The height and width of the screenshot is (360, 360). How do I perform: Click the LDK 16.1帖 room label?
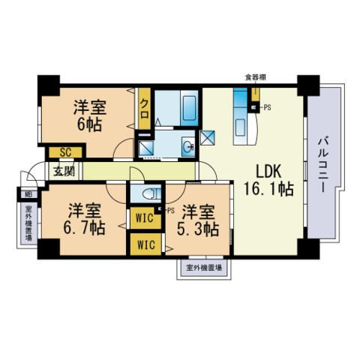tap(268, 180)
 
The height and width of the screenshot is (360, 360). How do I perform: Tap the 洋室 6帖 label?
tap(90, 115)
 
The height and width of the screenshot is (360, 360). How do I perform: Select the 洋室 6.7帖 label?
tap(84, 219)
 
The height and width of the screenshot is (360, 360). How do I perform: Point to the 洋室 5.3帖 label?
tap(198, 220)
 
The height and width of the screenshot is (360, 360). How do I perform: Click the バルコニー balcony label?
tap(322, 165)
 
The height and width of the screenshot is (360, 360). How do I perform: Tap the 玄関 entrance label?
tap(64, 171)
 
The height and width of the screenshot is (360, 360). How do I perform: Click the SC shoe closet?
tap(65, 152)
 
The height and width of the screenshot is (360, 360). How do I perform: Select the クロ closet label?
tap(145, 109)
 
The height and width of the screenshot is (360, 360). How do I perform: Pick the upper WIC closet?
tap(145, 218)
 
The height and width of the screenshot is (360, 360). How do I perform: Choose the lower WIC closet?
tap(146, 244)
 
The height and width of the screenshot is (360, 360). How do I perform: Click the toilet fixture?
tap(151, 194)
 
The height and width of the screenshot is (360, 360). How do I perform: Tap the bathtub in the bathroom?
tap(189, 108)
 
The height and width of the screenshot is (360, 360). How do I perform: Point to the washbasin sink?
tap(188, 146)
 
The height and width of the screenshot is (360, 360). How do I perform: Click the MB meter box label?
tap(28, 194)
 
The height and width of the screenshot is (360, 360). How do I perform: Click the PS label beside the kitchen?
tap(268, 108)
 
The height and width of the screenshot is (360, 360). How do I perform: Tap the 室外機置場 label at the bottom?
tap(204, 268)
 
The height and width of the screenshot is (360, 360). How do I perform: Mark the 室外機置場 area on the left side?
tap(28, 223)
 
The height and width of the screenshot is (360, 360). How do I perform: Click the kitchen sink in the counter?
tap(241, 124)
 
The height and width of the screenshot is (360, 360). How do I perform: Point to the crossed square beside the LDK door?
tap(208, 138)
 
